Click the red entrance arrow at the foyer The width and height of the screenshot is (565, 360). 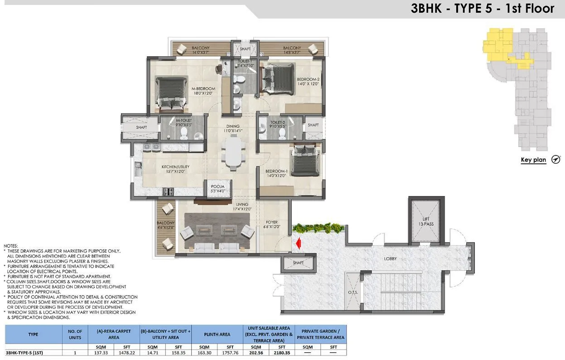[298, 243]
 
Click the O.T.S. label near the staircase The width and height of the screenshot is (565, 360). [353, 292]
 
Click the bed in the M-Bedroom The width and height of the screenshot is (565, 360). [171, 92]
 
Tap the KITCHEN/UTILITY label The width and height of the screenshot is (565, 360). [175, 169]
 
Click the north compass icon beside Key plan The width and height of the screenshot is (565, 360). [556, 160]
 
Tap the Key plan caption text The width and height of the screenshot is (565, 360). [533, 160]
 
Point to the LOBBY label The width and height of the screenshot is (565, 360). [390, 259]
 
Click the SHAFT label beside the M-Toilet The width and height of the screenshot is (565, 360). [141, 127]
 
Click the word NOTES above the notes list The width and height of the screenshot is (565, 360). [10, 246]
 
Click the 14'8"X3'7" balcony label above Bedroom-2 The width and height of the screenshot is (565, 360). [292, 53]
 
